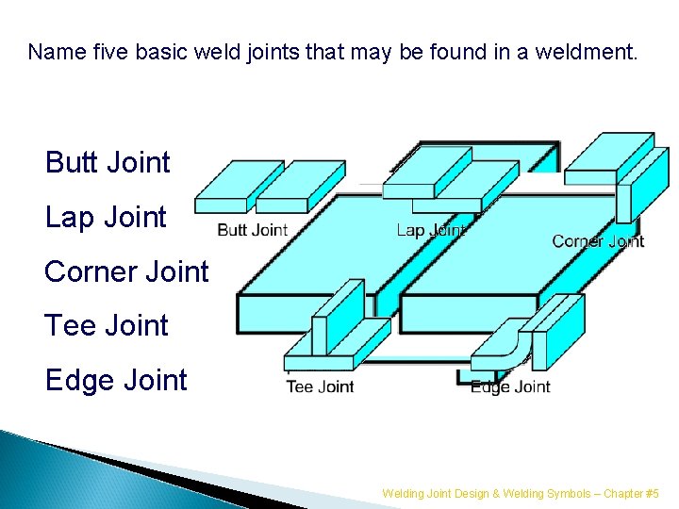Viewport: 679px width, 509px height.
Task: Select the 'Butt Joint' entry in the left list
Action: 108,163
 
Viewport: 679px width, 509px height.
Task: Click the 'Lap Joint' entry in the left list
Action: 106,218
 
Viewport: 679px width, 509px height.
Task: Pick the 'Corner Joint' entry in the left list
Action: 126,271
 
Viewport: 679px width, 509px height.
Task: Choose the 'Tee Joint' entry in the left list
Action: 107,326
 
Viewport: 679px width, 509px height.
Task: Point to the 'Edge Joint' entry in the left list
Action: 116,381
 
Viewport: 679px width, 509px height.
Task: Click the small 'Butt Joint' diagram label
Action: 252,230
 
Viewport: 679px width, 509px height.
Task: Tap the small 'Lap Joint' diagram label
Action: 430,230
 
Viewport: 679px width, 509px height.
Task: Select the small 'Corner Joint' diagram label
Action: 598,241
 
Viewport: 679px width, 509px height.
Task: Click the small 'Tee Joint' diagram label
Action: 320,386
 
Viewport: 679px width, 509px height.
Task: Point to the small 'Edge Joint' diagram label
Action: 510,386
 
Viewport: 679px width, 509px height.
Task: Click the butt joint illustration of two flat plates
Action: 252,187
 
